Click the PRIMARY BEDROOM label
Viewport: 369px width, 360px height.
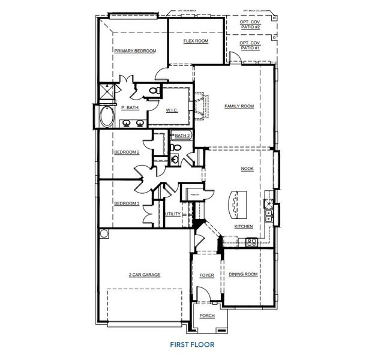tap(134, 51)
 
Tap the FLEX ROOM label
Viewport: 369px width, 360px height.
tap(195, 41)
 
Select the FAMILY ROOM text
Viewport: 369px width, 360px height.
tap(239, 106)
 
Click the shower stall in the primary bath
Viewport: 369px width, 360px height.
tap(108, 93)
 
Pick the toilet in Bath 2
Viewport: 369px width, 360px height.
tap(177, 147)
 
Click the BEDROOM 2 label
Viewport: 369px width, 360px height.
tap(126, 152)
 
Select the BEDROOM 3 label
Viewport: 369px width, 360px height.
tap(126, 203)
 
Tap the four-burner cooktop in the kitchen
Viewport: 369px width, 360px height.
tap(250, 242)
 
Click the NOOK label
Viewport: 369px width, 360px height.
tap(247, 169)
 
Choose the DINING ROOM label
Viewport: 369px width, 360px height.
tap(243, 275)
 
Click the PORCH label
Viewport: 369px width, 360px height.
tap(207, 316)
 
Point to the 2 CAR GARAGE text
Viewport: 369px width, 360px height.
tap(144, 275)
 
